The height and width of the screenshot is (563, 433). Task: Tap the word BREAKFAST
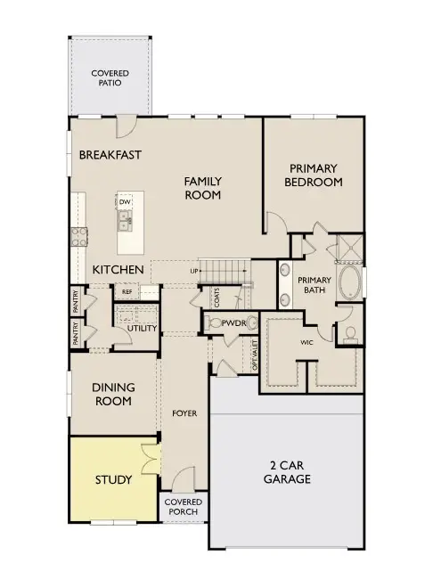[x=110, y=154]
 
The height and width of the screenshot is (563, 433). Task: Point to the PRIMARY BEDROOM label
[x=313, y=175]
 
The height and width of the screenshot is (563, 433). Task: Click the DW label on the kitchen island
[x=125, y=203]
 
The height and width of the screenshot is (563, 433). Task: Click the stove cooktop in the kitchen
[x=78, y=237]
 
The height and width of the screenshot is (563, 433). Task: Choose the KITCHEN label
[x=118, y=269]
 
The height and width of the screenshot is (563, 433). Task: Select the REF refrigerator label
[x=127, y=290]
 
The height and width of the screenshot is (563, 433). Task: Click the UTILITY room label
[x=143, y=328]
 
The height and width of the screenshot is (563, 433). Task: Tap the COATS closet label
[x=216, y=296]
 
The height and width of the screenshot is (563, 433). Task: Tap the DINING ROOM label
[x=113, y=395]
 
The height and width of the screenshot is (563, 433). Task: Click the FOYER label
[x=184, y=413]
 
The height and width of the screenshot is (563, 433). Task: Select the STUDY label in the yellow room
[x=113, y=479]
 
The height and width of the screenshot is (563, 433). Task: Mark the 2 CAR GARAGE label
[x=286, y=471]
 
